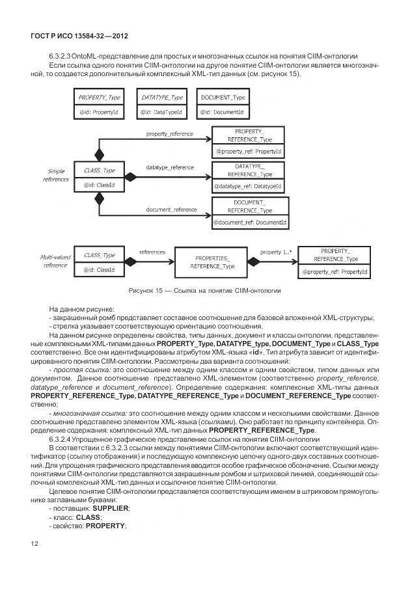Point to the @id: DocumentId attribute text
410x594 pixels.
[x=223, y=112]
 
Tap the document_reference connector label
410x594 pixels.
[x=171, y=209]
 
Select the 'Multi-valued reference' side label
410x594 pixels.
[x=54, y=261]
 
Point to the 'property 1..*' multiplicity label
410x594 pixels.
[x=275, y=251]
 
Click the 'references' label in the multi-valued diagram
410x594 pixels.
[x=152, y=251]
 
